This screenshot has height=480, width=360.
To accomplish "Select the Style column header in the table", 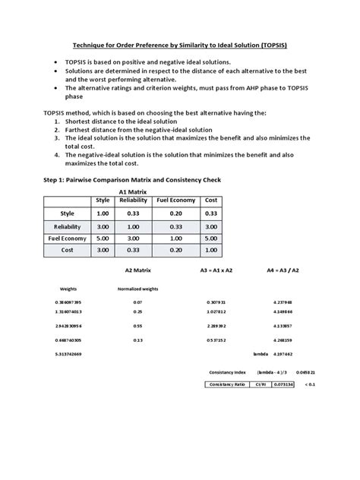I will point(103,200).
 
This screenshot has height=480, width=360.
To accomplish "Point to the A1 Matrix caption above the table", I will point(133,192).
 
